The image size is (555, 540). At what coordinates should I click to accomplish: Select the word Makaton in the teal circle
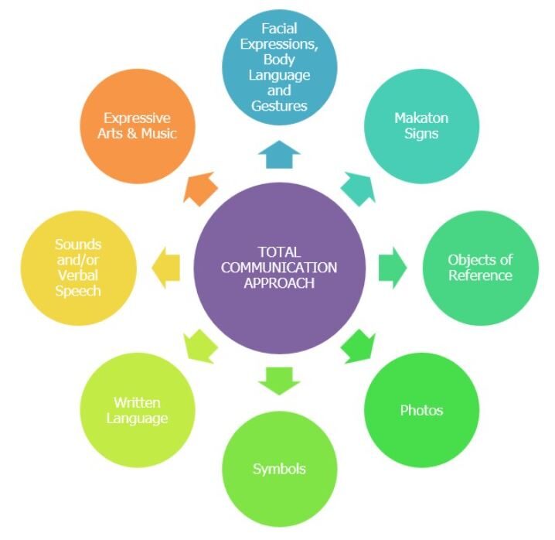click(x=421, y=118)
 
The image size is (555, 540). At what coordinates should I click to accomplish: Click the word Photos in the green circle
click(x=421, y=410)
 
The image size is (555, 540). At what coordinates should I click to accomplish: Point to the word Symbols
click(x=279, y=469)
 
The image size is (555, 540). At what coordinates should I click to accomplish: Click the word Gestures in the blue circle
click(x=279, y=104)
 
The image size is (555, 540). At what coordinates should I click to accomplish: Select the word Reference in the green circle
click(x=480, y=275)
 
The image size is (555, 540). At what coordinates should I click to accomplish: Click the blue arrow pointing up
click(x=278, y=155)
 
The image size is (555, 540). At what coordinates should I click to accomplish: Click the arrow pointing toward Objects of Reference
click(x=392, y=267)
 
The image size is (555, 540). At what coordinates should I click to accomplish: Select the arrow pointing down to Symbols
click(x=278, y=379)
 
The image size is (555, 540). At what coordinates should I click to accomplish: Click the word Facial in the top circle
click(x=279, y=30)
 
